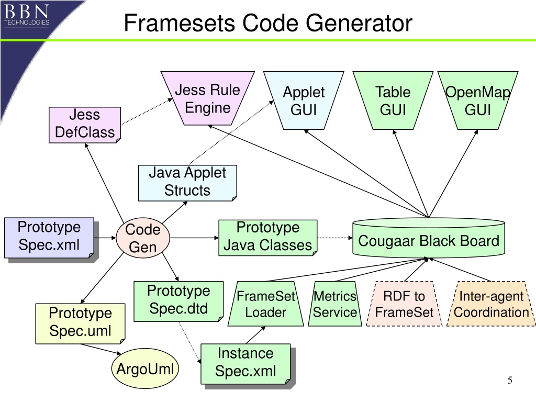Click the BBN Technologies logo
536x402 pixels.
(27, 15)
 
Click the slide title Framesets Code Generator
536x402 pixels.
(268, 23)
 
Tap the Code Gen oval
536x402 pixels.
(143, 238)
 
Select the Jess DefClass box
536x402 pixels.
(85, 125)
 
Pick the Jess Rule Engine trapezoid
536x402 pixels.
(207, 98)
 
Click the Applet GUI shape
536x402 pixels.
(304, 100)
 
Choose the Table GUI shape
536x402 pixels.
(393, 100)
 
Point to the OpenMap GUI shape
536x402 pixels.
(478, 100)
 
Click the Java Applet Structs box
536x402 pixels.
(187, 183)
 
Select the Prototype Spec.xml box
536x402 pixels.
(49, 238)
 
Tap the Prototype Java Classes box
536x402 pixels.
(268, 238)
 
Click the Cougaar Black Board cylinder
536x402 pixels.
(429, 238)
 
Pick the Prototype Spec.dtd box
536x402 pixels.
(178, 301)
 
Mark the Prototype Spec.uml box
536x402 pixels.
(80, 323)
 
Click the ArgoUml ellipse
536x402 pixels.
(145, 368)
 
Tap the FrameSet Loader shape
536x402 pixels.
(265, 304)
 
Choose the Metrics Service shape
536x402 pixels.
(335, 304)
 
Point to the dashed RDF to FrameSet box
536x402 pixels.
(404, 304)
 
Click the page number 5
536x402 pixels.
(510, 380)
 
